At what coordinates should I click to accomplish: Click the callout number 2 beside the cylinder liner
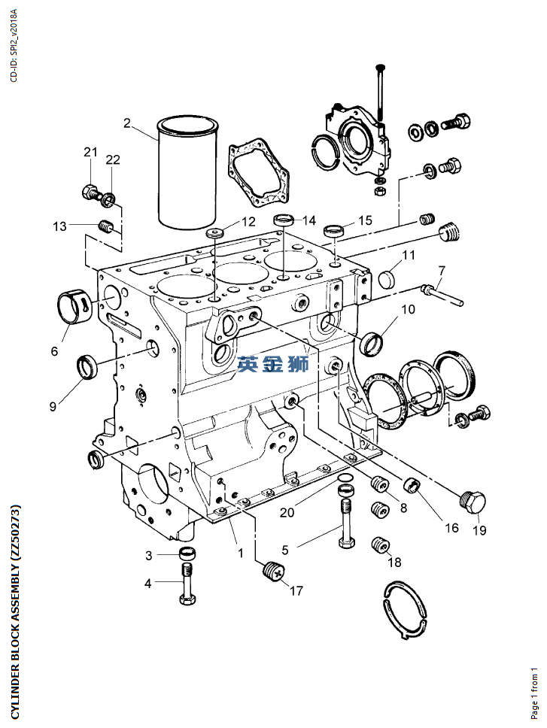[126, 123]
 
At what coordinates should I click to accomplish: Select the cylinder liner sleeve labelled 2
[187, 171]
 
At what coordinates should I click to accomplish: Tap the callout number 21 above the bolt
[91, 152]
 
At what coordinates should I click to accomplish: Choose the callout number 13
[59, 226]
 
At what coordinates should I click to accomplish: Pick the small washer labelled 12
[215, 232]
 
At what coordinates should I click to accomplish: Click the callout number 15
[365, 220]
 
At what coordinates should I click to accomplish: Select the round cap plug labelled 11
[387, 280]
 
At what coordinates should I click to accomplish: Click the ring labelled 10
[372, 343]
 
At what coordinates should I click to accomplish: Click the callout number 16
[451, 528]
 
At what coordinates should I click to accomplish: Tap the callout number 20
[287, 512]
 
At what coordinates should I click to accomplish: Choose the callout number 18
[394, 563]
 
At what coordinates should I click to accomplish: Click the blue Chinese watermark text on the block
[274, 364]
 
